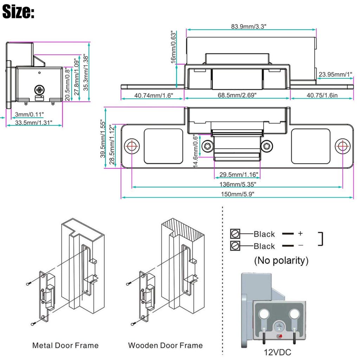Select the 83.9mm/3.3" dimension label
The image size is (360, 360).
(251, 26)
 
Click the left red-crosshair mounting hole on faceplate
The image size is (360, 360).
(132, 146)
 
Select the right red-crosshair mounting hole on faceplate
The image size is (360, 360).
(342, 146)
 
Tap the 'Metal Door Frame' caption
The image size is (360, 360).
(65, 345)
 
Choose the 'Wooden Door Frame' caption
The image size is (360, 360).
(165, 345)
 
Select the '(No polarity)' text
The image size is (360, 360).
(281, 261)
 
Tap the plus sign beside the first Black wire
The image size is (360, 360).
(300, 233)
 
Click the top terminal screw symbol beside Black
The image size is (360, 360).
(235, 234)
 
